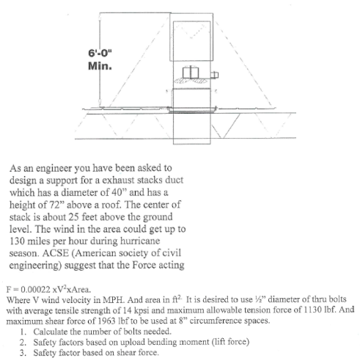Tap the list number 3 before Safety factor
(x=25, y=351)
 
